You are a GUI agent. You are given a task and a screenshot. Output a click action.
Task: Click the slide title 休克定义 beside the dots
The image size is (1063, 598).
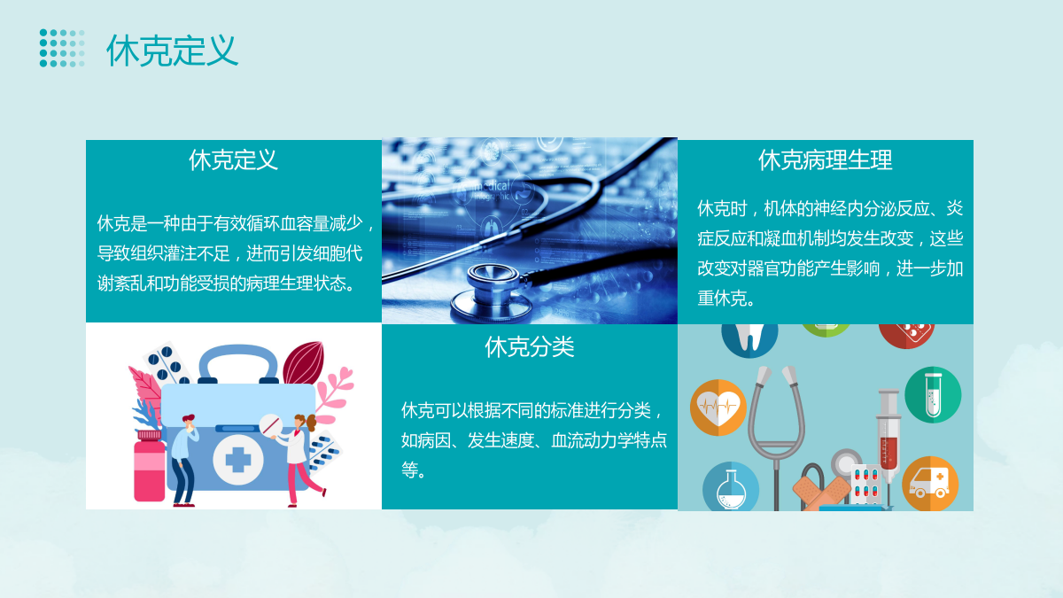pos(172,50)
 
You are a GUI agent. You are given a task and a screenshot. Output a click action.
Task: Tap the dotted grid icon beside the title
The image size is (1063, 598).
pos(62,48)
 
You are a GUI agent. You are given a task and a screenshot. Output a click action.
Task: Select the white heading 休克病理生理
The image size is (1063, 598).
pos(826,160)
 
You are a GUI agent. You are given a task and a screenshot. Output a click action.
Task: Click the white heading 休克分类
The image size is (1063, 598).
pos(530,347)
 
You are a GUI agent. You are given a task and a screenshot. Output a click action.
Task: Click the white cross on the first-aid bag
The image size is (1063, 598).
pos(237,460)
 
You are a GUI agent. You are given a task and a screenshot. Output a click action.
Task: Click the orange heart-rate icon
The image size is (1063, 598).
pos(718,408)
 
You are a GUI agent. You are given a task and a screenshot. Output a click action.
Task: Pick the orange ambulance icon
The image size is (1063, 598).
pos(929,484)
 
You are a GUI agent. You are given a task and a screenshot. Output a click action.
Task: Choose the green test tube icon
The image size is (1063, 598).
pos(933,395)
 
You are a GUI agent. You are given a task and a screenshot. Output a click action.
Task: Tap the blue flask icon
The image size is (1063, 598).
pos(730,487)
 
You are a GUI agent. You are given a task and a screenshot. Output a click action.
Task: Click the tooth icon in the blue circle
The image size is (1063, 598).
pos(749,338)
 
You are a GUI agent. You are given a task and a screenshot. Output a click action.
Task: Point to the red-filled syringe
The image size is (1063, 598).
pos(888,434)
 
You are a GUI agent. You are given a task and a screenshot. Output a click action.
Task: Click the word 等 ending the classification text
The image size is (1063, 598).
pos(409,470)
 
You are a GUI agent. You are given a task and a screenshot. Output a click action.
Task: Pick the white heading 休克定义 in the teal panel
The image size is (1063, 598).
pos(233,160)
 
